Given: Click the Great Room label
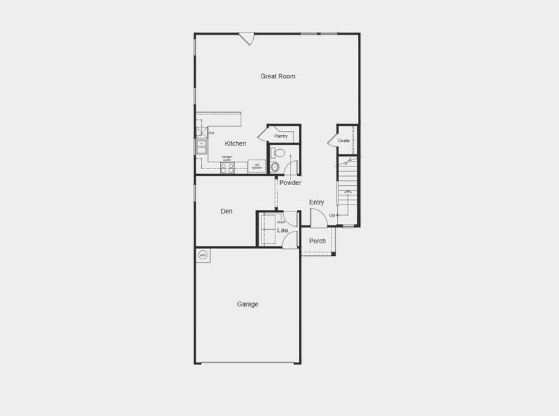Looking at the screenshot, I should click(x=277, y=76).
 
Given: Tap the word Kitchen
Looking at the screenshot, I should click(x=235, y=144).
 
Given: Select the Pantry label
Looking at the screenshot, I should click(x=281, y=136).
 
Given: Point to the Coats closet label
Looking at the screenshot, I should click(x=343, y=141).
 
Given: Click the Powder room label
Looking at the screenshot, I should click(x=290, y=183).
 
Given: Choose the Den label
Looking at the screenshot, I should click(x=227, y=211).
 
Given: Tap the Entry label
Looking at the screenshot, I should click(x=316, y=202).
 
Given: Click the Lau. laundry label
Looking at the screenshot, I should click(x=283, y=230).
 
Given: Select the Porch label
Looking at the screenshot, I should click(x=317, y=241).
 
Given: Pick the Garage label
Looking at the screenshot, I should click(x=248, y=304).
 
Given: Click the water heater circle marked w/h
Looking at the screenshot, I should click(x=203, y=255).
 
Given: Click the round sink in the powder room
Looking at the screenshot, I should click(x=275, y=167).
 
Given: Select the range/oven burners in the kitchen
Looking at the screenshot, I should click(x=227, y=168).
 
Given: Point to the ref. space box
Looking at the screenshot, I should click(x=257, y=166).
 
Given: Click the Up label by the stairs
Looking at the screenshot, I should click(x=332, y=216).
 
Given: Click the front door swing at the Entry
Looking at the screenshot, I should click(x=318, y=220).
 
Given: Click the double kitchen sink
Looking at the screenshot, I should click(x=201, y=148).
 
